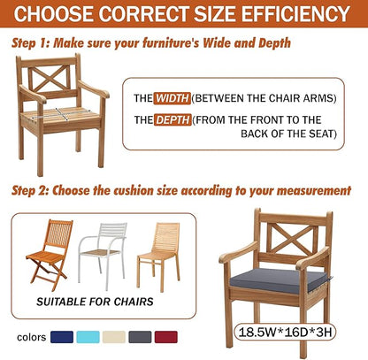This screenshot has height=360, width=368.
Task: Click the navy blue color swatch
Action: pos(62,337)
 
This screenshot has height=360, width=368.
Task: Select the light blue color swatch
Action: pos(88,337)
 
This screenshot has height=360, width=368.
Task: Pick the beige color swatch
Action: pos(114,337)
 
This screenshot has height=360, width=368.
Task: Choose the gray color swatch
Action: pos(140,337)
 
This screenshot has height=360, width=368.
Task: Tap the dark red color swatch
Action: pos(166,337)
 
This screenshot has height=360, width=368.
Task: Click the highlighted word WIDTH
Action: pos(172,98)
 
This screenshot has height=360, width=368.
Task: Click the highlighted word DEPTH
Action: pos(172,119)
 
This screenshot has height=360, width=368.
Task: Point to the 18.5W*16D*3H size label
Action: pos(285,332)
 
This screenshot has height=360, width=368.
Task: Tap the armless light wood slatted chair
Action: pos(158,257)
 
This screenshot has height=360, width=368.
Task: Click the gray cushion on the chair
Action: pos(279,280)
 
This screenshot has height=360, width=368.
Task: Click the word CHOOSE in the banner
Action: pos(53,13)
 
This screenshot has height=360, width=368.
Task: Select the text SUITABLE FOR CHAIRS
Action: pos(95,302)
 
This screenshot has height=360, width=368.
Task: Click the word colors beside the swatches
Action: pos(32,337)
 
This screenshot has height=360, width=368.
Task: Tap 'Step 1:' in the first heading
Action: pos(30,43)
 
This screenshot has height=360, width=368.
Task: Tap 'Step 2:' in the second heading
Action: pos(30,190)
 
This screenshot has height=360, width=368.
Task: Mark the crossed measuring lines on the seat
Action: pos(61,115)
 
